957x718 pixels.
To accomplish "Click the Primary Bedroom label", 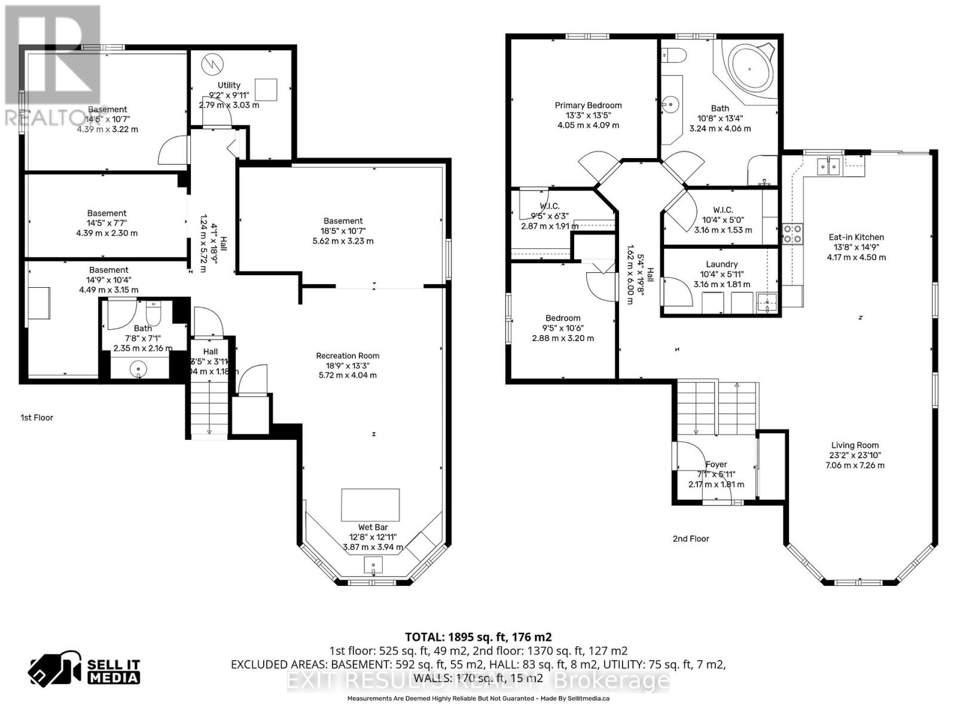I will point(588,105).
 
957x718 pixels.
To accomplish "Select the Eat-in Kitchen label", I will point(856,237).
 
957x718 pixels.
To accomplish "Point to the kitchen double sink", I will point(830,166).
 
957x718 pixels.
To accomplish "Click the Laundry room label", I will point(721,264).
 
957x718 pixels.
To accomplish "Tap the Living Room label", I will point(855,445).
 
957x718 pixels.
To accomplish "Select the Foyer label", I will point(716,464).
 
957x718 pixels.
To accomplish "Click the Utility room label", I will point(228,85).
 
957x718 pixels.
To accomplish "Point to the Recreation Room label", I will point(348,355).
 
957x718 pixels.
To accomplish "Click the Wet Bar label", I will point(373,527).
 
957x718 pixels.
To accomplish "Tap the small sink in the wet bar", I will point(374,565).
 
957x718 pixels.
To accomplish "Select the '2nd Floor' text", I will point(691,538).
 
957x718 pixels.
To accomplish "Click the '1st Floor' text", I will point(37,418).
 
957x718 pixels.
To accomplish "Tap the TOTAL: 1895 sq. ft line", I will point(478,637).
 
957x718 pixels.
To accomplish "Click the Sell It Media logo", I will point(84,671).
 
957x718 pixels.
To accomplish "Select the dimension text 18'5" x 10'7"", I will point(343,231).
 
